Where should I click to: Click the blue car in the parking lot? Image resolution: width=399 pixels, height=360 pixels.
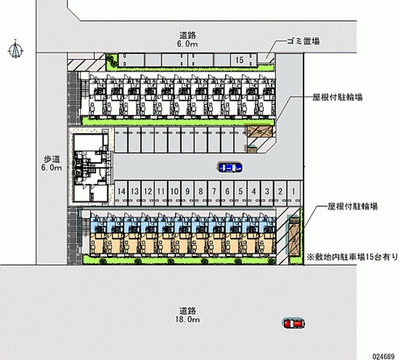pos(229,168)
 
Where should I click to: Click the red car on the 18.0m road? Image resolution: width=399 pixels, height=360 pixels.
pos(293,324)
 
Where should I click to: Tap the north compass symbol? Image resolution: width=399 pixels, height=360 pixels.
pos(16,49)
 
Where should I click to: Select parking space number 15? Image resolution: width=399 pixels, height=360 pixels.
pos(239,60)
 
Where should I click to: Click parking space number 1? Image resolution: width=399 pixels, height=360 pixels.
pos(294,191)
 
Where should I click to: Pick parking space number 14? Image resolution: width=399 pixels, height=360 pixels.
pos(121,191)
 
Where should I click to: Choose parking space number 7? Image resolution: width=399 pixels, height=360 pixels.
pos(213,191)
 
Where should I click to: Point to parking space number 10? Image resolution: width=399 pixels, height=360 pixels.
pos(174,191)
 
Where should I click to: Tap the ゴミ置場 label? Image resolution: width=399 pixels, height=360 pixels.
pos(302,42)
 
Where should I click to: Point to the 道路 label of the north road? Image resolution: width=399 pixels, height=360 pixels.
pos(189,35)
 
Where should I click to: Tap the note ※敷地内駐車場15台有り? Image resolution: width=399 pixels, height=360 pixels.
pos(352,257)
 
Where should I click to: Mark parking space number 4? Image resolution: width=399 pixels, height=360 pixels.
pos(253,191)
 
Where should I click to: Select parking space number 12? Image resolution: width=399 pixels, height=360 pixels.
pos(148,191)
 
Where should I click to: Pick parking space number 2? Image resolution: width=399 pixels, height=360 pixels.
pos(281,191)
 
